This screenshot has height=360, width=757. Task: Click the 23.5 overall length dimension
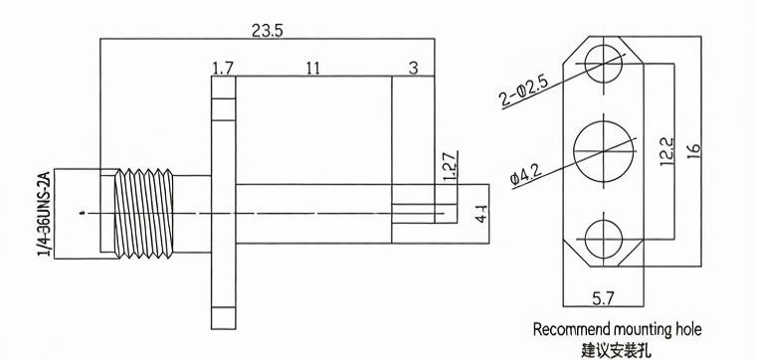(268, 31)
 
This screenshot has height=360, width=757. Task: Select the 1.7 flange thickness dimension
(223, 69)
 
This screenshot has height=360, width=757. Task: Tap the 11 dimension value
(312, 69)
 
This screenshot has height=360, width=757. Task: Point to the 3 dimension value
(413, 69)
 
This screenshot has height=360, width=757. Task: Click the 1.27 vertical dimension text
(450, 167)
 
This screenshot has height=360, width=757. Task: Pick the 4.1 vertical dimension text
(481, 213)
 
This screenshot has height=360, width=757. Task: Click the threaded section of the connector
(143, 213)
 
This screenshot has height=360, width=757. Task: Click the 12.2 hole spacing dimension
(666, 151)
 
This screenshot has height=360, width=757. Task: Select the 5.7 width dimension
(603, 298)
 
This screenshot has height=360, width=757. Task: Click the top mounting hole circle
(604, 45)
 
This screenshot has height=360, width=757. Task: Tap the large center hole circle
(604, 120)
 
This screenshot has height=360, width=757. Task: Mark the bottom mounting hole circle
(604, 220)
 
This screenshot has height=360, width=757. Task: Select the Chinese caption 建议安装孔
(616, 350)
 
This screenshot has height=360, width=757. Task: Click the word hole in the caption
(687, 329)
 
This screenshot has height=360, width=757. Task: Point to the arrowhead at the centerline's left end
(83, 213)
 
